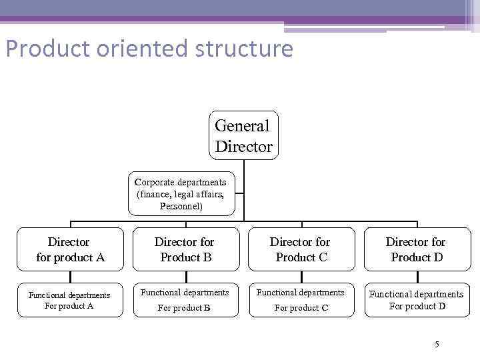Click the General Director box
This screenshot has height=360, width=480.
click(x=243, y=135)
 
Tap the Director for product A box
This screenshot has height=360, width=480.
click(x=70, y=249)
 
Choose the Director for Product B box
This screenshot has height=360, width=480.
click(x=185, y=249)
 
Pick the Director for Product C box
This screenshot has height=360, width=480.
click(x=301, y=249)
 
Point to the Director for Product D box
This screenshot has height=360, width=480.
click(x=416, y=249)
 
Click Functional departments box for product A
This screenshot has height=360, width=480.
click(x=70, y=301)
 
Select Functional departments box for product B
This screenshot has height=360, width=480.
click(x=185, y=300)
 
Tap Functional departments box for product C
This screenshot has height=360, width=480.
click(x=301, y=300)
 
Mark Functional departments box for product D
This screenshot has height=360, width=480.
click(x=416, y=300)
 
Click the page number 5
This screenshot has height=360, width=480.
click(x=437, y=344)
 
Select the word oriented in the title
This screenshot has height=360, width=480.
click(x=133, y=49)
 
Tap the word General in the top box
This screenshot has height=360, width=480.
click(x=243, y=125)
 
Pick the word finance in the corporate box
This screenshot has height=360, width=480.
click(x=155, y=195)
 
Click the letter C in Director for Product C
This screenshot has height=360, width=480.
click(x=323, y=257)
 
